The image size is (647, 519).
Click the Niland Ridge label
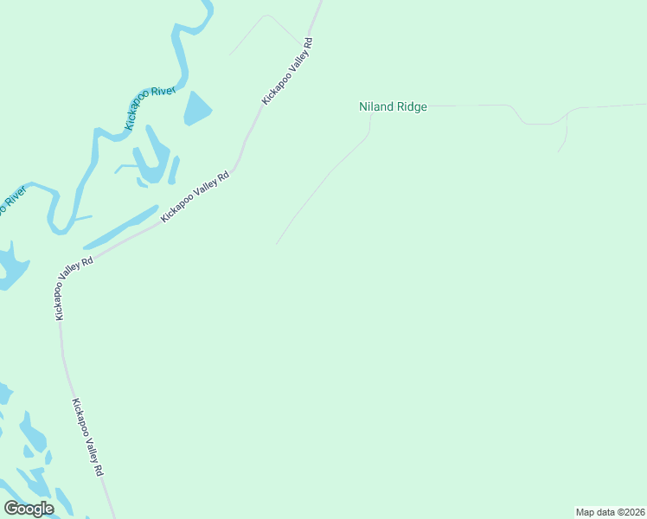(x=393, y=107)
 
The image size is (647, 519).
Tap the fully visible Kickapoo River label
(x=150, y=108)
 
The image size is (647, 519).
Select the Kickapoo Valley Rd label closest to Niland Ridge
(x=286, y=72)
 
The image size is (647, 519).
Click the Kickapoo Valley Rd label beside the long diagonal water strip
(x=195, y=196)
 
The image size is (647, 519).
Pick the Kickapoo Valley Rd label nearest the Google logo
(x=88, y=437)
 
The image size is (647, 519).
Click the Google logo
(x=29, y=509)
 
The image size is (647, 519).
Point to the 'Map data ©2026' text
(x=611, y=512)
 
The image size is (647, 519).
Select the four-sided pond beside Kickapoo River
(x=197, y=108)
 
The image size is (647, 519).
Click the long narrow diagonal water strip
(x=121, y=227)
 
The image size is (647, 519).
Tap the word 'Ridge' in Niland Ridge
(x=411, y=107)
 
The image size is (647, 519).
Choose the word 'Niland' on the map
(x=376, y=107)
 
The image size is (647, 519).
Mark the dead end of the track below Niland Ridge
(x=277, y=244)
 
